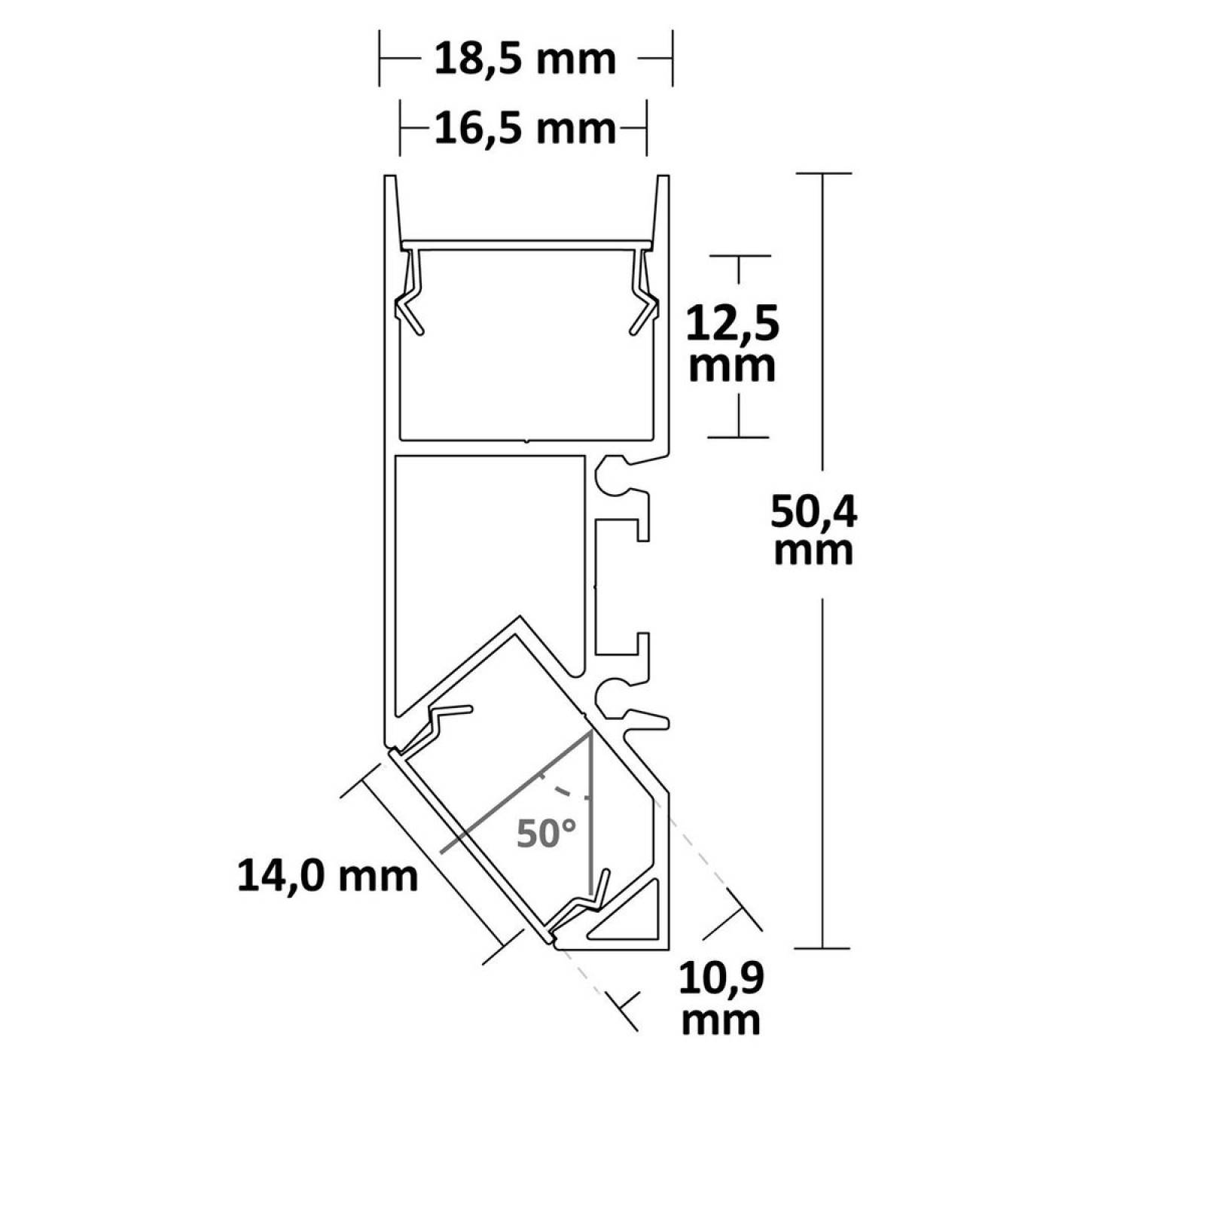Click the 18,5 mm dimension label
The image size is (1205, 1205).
[525, 59]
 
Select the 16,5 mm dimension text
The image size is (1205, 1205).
[525, 129]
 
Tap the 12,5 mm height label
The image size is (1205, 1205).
[732, 346]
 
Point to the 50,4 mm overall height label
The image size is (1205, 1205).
[813, 531]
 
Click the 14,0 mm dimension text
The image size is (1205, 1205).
[328, 876]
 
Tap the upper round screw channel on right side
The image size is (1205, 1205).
[613, 477]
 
